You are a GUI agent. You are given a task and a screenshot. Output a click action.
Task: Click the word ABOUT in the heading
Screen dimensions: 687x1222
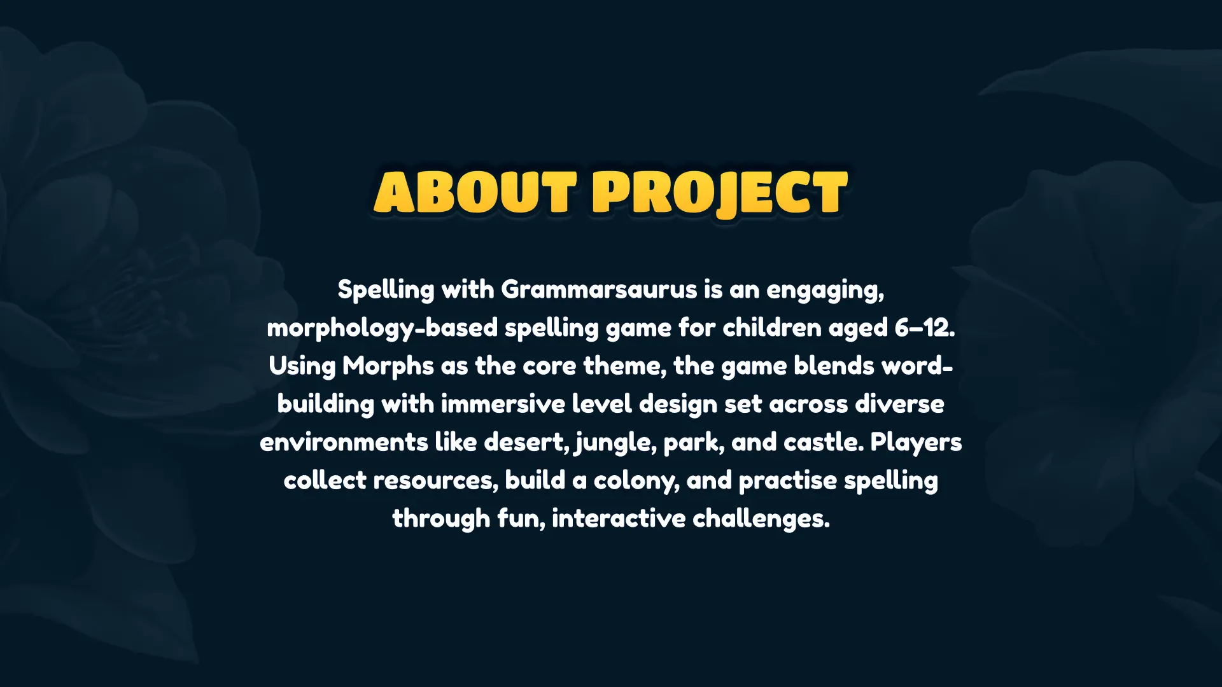click(x=475, y=192)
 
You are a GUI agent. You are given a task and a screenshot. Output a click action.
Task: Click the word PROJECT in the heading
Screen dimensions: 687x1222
click(x=720, y=192)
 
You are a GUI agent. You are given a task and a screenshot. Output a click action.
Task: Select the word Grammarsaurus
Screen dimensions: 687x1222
click(x=599, y=290)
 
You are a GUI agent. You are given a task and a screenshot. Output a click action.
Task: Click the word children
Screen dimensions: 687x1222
click(x=772, y=328)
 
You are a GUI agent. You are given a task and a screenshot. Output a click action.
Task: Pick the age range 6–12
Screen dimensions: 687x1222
click(x=924, y=328)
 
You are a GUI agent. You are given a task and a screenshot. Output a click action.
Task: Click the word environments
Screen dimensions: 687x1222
click(x=344, y=443)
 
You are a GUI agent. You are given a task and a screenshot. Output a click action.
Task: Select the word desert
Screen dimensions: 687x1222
click(x=526, y=443)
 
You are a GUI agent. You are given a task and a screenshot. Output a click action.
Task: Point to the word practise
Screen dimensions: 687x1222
click(x=787, y=481)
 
